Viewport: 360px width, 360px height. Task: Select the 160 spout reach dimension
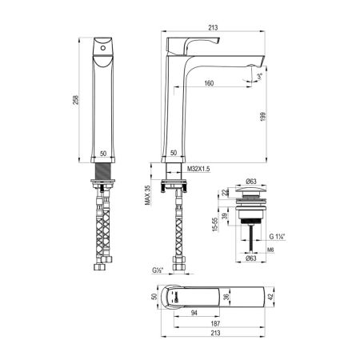tap(208, 82)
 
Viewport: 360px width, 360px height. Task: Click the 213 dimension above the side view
tap(213, 28)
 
